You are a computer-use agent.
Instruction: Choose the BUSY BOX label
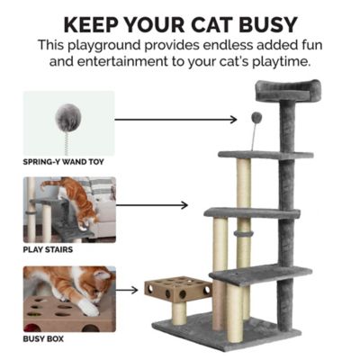(42, 338)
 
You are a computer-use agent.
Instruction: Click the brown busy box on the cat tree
(178, 290)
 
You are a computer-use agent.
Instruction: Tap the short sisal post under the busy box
(180, 312)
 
